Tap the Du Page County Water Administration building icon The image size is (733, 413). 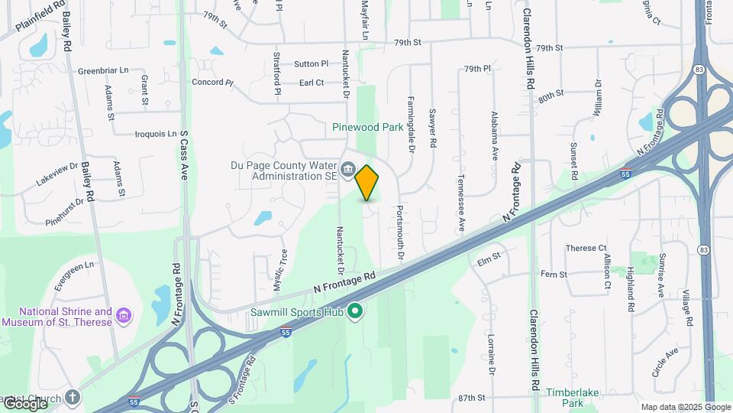347,169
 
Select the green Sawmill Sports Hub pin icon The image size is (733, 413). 354,311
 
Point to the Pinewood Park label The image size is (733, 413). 367,128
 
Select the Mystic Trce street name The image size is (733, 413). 284,265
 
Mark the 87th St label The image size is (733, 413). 472,398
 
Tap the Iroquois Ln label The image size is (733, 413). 155,134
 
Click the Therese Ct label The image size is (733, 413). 586,249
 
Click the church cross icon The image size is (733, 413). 72,397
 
